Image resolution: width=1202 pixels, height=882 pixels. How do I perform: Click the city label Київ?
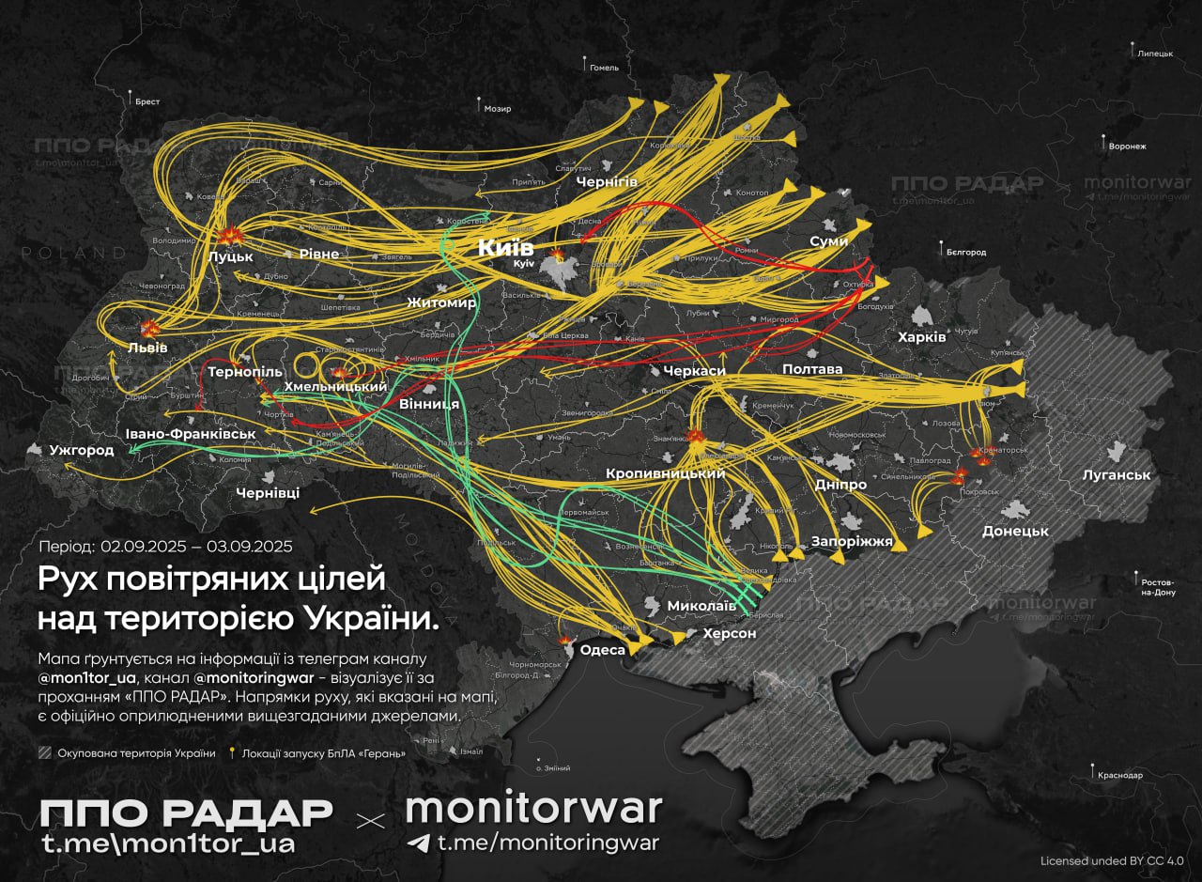coord(505,248)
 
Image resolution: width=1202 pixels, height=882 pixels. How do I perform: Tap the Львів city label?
coord(147,348)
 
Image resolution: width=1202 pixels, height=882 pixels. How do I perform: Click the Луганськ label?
coord(1116,475)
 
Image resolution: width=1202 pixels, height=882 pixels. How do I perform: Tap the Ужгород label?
coord(83,451)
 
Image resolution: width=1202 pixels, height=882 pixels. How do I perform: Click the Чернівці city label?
coord(268,492)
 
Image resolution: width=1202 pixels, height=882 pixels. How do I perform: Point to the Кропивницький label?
coord(665,473)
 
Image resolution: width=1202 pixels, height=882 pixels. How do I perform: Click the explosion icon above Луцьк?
coord(228,236)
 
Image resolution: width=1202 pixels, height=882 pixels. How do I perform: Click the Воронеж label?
coord(1127,147)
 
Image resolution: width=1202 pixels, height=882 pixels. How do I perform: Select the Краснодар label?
coord(1119,775)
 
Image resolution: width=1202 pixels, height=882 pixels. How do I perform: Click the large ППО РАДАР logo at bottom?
coord(186,812)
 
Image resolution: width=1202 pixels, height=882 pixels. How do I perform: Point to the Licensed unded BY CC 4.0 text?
coord(1112,860)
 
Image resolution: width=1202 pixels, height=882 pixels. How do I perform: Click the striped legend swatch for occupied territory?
coord(44,753)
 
